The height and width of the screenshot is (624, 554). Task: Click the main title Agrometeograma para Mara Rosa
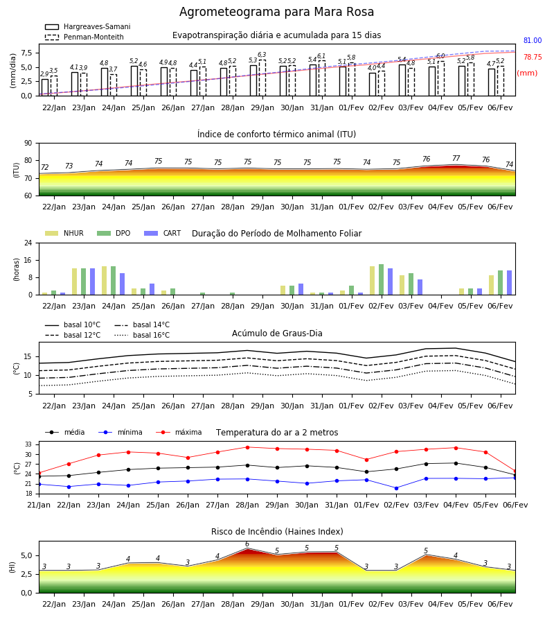click(276, 12)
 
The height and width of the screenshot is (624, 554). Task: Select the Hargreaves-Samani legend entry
click(88, 26)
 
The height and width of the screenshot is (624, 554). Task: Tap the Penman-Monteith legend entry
click(84, 37)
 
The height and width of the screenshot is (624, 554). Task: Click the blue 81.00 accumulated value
click(533, 41)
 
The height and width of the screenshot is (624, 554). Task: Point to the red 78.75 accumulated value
click(533, 58)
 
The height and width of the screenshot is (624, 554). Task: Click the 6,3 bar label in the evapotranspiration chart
click(262, 55)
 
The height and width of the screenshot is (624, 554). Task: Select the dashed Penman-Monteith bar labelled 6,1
click(322, 78)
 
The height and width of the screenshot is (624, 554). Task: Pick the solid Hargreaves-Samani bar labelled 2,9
click(45, 87)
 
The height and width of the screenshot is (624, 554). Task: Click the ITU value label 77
click(456, 158)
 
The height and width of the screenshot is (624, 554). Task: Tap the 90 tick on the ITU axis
click(28, 144)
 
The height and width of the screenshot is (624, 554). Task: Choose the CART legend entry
click(163, 233)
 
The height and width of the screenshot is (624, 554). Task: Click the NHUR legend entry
click(64, 233)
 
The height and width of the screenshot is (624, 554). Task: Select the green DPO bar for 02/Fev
click(381, 279)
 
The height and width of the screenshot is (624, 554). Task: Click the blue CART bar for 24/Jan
click(122, 284)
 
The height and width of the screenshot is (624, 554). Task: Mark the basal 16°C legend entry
click(142, 335)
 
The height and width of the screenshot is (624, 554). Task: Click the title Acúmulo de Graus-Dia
click(277, 333)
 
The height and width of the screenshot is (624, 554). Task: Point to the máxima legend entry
click(179, 432)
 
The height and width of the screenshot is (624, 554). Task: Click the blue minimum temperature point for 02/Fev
click(396, 488)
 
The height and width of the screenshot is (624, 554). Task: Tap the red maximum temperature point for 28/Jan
click(248, 447)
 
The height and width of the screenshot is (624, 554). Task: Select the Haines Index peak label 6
click(247, 544)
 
